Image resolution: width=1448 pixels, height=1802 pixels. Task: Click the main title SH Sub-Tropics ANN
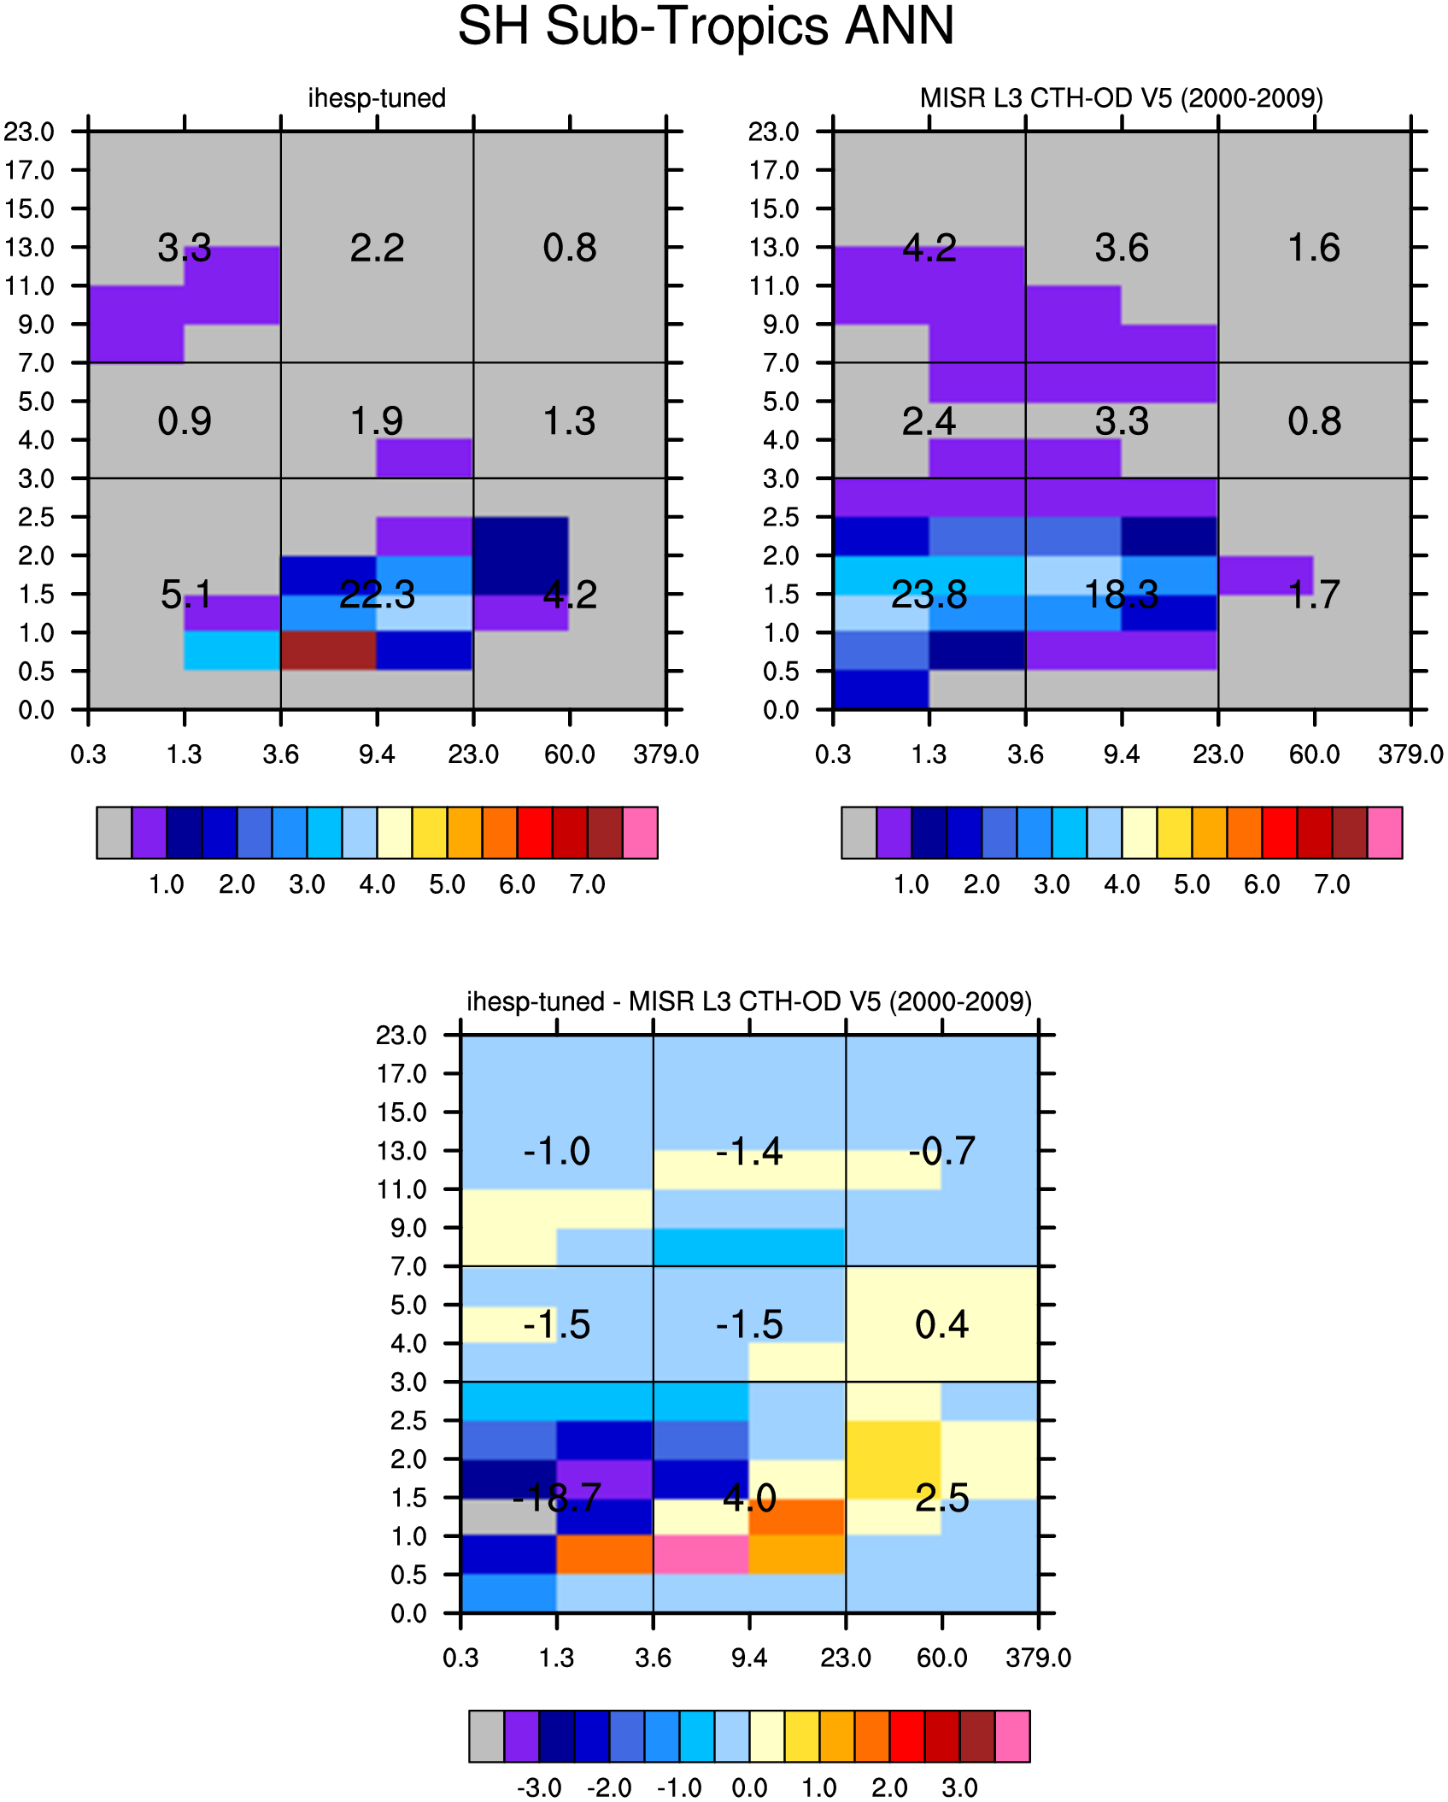tap(706, 26)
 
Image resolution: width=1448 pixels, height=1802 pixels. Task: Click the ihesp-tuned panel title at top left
tap(377, 98)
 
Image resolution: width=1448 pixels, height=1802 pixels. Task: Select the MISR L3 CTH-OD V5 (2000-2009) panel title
tap(1122, 98)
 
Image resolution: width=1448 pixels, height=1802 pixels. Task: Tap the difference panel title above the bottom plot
tap(749, 1001)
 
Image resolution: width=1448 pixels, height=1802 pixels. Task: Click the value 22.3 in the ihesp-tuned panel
tap(377, 595)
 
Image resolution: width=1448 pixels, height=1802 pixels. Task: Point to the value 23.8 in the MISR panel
tap(929, 595)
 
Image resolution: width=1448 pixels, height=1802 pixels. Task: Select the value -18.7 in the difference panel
tap(557, 1498)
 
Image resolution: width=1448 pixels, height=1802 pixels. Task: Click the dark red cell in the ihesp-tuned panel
tap(329, 651)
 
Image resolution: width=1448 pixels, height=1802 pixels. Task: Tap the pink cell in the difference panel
tap(701, 1555)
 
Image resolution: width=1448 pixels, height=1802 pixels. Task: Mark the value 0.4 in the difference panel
tap(941, 1325)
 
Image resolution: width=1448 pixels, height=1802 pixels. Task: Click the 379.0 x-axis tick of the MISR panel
tap(1410, 754)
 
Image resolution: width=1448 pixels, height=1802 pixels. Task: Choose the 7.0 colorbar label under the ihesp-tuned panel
tap(588, 884)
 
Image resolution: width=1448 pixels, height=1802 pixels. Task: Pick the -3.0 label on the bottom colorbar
tap(539, 1787)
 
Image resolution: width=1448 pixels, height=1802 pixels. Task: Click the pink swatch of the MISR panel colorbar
tap(1385, 832)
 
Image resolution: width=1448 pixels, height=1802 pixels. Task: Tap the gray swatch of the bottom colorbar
tap(487, 1735)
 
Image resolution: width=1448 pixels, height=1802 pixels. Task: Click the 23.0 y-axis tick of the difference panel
tap(402, 1036)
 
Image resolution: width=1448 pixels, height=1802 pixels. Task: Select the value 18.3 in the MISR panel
tap(1122, 595)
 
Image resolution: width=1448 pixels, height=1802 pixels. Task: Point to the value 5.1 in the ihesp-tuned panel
tap(185, 595)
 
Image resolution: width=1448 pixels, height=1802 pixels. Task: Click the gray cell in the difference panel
tap(509, 1517)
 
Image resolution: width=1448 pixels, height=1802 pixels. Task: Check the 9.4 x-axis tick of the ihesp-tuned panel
tap(377, 754)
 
